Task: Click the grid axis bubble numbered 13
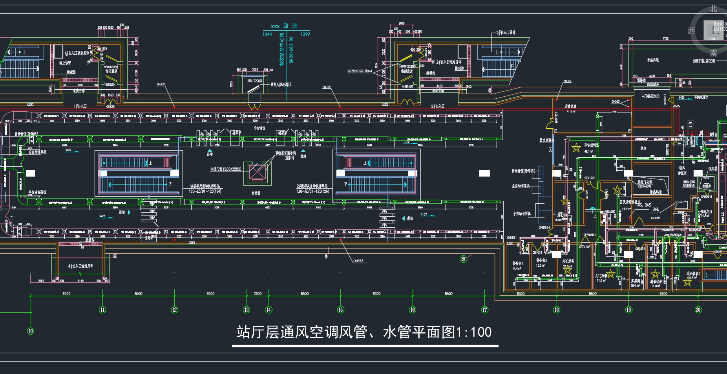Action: (x=247, y=310)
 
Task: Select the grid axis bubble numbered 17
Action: (x=485, y=310)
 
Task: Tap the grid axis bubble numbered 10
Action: (x=31, y=331)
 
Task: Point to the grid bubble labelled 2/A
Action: (x=463, y=259)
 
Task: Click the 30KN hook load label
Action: (x=289, y=158)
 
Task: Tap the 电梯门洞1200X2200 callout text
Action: (x=226, y=169)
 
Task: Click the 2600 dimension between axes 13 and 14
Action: (x=258, y=293)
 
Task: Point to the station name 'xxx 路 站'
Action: (x=284, y=26)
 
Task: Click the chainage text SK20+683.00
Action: (x=291, y=50)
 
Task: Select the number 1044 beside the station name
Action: (x=267, y=34)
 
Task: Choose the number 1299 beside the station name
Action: (x=305, y=34)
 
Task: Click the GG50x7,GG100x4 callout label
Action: (x=360, y=71)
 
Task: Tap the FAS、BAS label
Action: (x=643, y=205)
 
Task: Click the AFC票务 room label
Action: (x=568, y=261)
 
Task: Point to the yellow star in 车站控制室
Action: (x=576, y=148)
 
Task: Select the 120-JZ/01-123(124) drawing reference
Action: (x=205, y=192)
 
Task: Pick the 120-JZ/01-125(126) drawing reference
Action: (x=313, y=192)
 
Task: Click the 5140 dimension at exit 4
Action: (x=80, y=281)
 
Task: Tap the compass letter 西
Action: (x=691, y=31)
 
